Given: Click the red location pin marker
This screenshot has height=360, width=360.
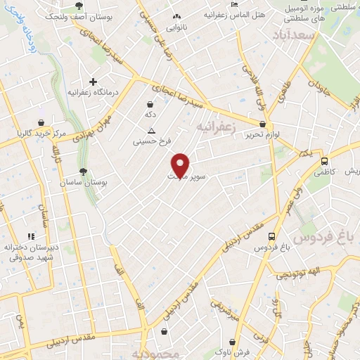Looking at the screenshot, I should coord(181,165).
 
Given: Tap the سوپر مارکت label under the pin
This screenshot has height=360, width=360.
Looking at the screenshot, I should coord(181,176).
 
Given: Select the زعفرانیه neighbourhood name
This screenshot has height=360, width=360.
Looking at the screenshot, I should coord(214,127).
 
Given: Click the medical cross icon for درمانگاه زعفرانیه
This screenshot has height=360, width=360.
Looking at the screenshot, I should coord(93,82).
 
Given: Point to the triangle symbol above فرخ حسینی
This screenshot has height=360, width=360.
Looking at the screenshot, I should coord(151,131).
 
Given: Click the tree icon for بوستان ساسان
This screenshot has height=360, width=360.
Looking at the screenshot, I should coord(83,171).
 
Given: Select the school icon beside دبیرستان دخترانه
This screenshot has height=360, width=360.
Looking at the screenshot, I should coord(30,236).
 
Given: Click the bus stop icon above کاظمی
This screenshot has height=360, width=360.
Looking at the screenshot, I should coord(324,160).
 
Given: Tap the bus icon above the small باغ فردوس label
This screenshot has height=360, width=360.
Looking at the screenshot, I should coord(272,236).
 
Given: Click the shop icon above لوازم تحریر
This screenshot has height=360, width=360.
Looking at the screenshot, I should coord(262,123).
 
